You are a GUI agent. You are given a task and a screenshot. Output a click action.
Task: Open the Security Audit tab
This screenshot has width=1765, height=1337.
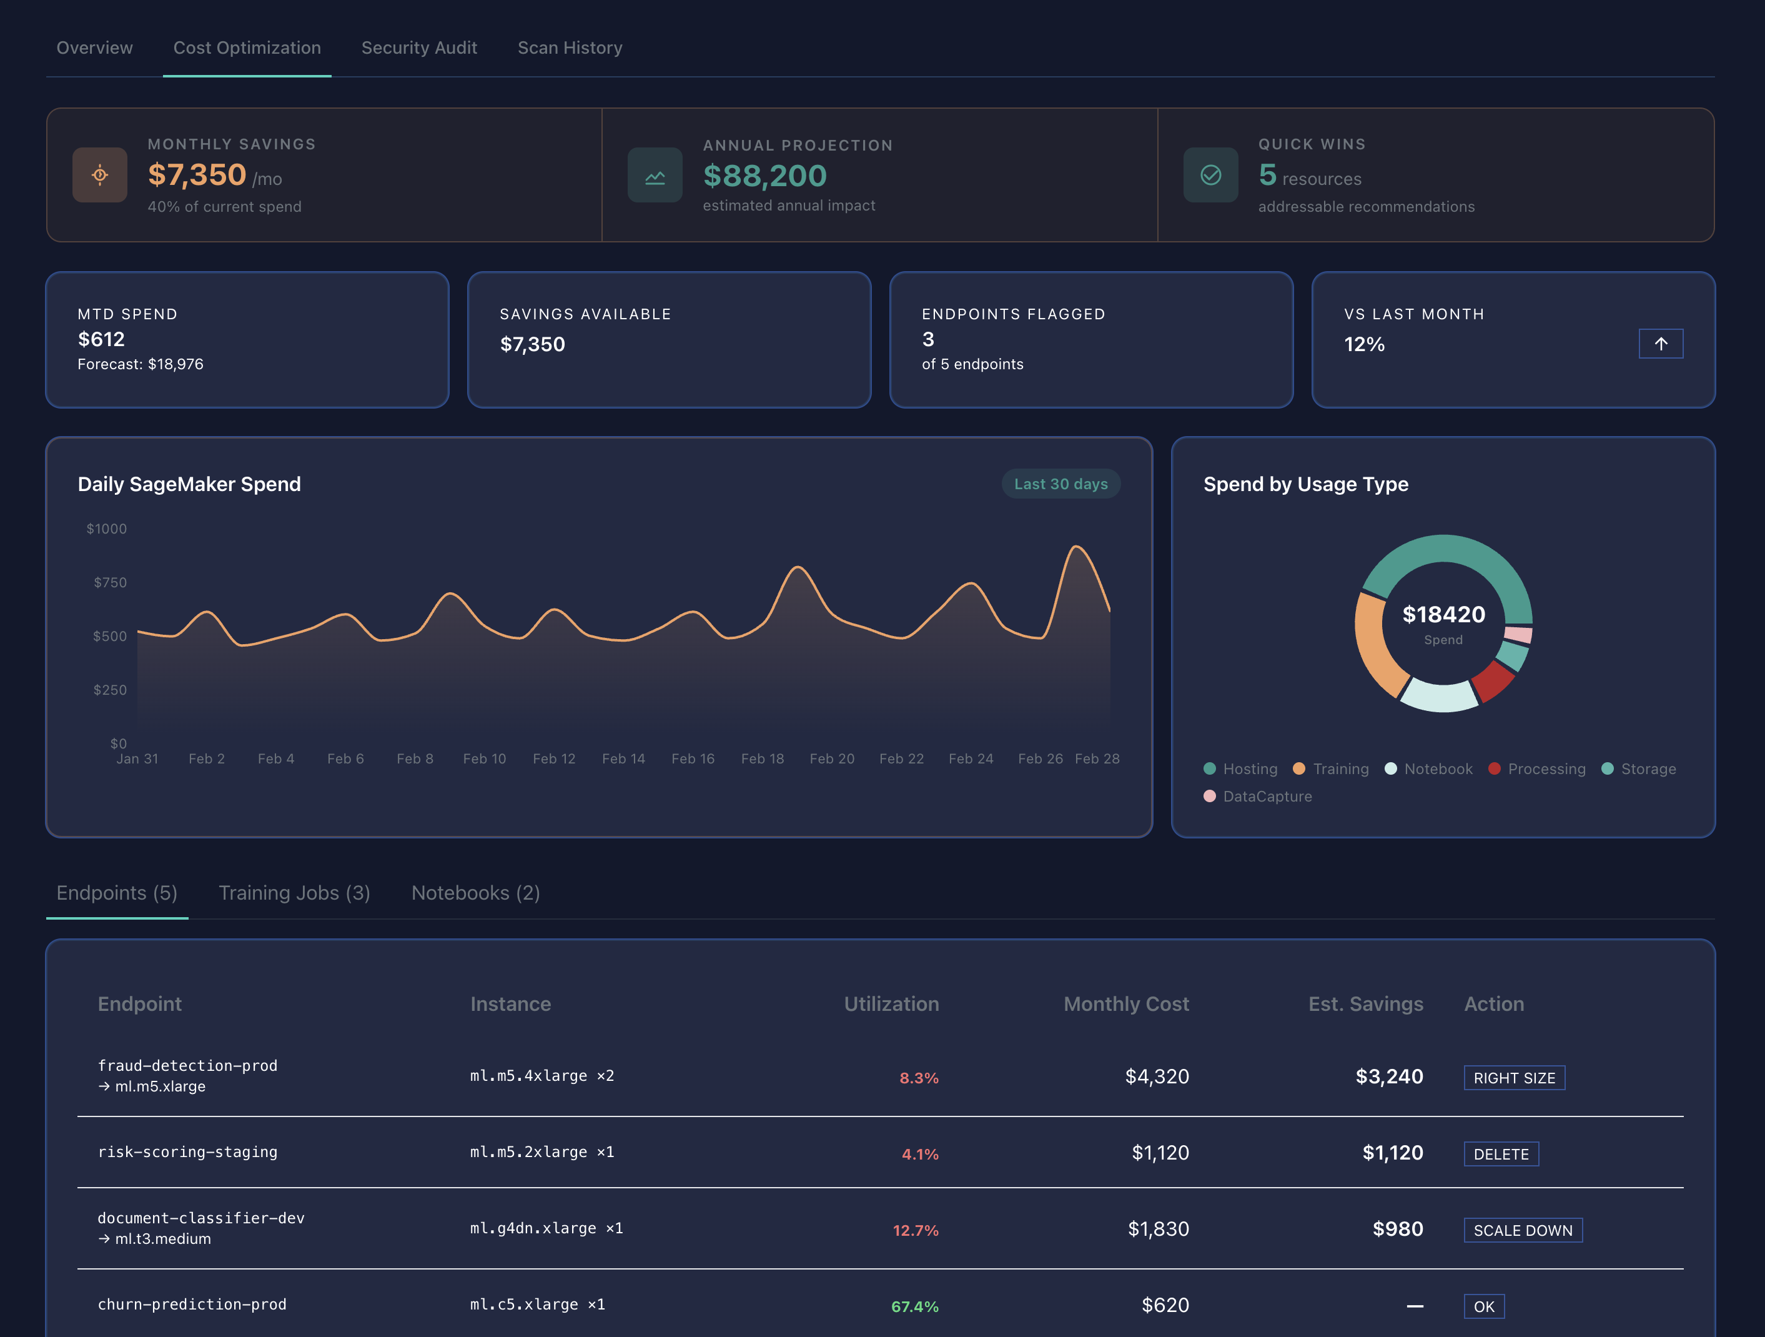(x=419, y=48)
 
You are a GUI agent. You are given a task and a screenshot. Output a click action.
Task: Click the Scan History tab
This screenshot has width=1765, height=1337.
(x=570, y=48)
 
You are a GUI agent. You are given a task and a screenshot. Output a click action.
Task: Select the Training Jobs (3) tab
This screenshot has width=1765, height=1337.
(x=294, y=892)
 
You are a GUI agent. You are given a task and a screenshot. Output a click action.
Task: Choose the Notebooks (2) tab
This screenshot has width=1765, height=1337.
(x=475, y=892)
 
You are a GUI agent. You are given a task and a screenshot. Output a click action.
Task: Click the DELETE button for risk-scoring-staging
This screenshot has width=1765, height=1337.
(x=1500, y=1153)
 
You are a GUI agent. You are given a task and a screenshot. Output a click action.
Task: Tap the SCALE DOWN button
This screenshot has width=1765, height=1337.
(x=1523, y=1230)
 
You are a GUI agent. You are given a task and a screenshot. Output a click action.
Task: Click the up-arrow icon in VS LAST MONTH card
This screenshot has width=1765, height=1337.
(x=1661, y=344)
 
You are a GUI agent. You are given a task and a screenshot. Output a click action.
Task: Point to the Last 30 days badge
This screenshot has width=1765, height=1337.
(x=1060, y=484)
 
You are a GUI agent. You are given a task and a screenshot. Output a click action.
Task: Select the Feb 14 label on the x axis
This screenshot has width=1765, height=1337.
(x=623, y=758)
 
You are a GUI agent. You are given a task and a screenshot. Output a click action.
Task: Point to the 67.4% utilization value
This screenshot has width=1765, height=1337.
(x=914, y=1306)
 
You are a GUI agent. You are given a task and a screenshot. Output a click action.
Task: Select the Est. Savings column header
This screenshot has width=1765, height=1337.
(x=1365, y=1003)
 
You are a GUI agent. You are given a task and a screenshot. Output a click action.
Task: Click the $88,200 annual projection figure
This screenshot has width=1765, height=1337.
(x=764, y=176)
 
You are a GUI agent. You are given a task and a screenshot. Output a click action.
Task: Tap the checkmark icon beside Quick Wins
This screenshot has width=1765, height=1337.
(x=1210, y=175)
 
